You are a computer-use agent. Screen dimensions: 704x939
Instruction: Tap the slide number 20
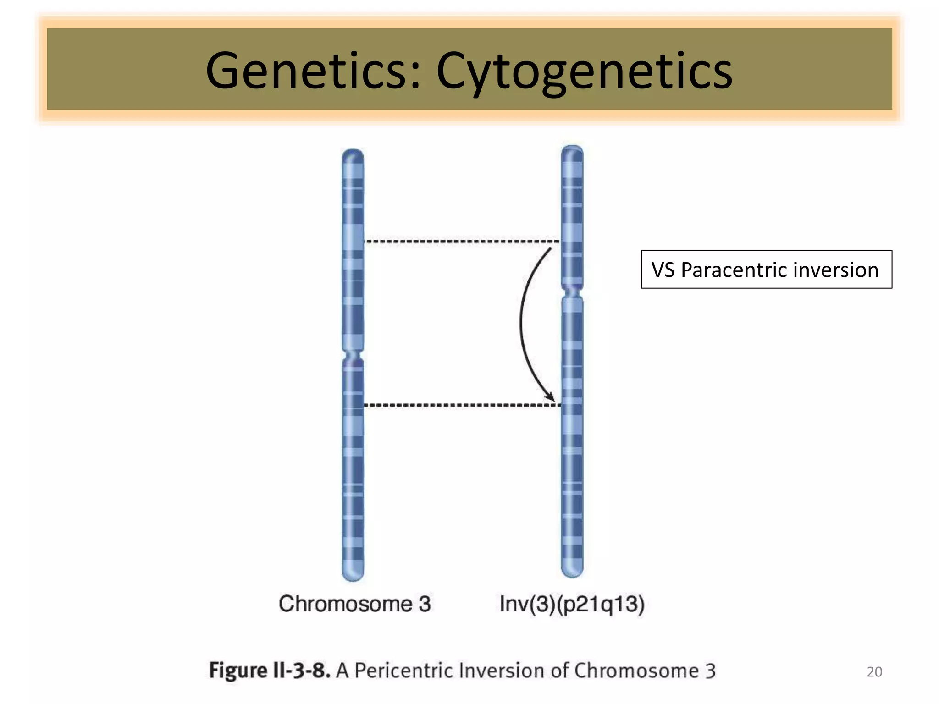point(874,672)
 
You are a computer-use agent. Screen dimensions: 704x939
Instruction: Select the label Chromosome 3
point(354,604)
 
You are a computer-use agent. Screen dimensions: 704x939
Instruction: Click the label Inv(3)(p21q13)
point(572,604)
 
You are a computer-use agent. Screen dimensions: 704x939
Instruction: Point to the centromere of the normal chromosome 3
point(353,356)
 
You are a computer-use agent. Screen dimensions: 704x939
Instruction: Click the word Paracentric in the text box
point(733,270)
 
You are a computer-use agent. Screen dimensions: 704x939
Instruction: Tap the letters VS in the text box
point(663,270)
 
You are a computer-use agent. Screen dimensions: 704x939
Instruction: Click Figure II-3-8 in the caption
point(270,671)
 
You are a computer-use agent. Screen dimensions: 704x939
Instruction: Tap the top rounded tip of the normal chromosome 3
point(353,154)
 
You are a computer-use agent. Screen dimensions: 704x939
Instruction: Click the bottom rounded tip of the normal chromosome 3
point(353,576)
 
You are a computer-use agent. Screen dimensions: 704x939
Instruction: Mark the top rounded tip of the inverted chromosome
point(572,150)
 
